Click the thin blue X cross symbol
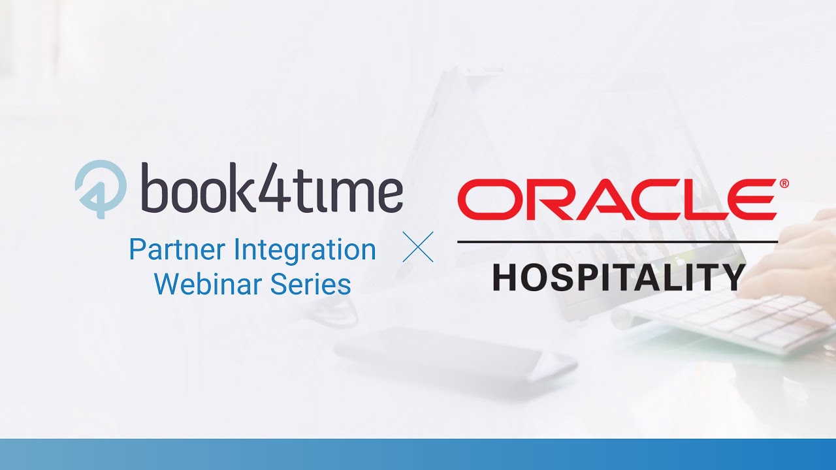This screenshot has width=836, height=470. [x=418, y=247]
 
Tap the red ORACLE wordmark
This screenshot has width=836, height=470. [x=617, y=200]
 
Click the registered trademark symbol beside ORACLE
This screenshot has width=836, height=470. [x=784, y=184]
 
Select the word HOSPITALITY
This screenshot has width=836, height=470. [x=618, y=277]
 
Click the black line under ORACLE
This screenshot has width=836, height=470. [x=617, y=242]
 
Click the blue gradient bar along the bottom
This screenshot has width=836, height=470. [x=418, y=454]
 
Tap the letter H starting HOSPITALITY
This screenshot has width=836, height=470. [x=507, y=277]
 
